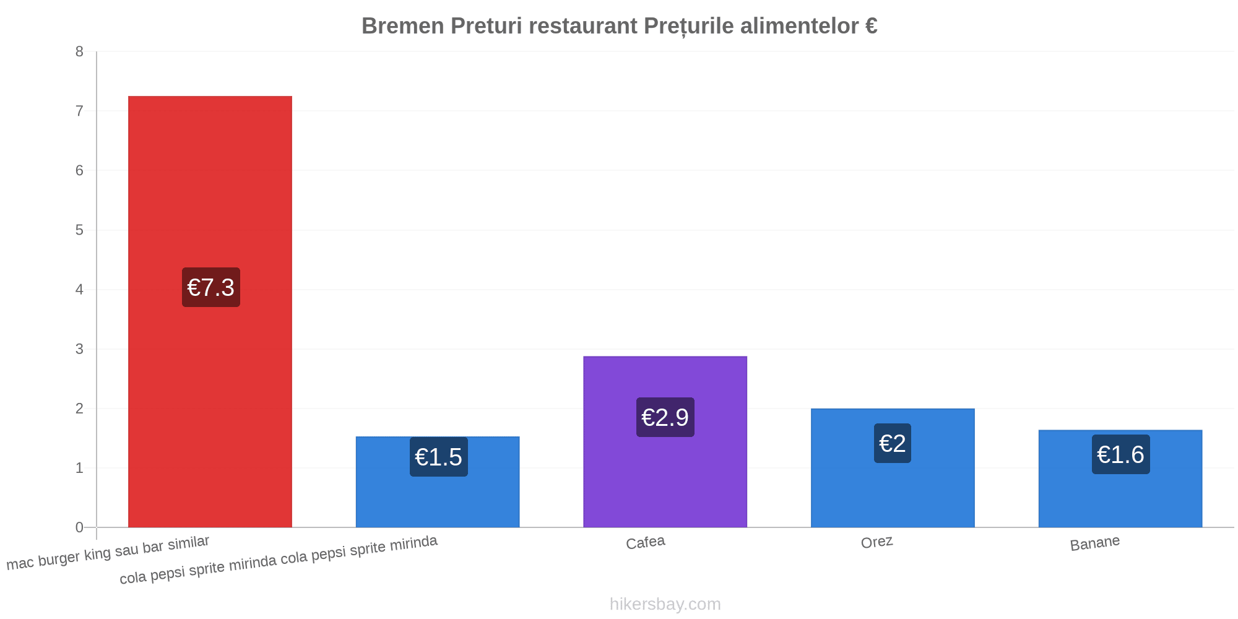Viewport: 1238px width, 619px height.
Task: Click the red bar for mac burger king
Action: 210,311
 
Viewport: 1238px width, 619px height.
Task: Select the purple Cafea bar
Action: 665,441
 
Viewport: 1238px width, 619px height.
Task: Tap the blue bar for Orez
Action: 893,468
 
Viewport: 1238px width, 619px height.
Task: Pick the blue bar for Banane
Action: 1120,478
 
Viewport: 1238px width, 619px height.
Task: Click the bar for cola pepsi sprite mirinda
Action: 438,482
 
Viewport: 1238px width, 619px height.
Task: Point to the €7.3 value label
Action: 211,287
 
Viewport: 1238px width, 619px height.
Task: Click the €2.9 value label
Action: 665,417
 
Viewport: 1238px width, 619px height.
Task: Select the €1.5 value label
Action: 439,457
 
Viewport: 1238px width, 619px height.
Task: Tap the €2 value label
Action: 893,443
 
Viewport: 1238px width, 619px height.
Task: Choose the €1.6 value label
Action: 1121,454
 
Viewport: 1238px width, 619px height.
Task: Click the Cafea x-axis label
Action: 646,543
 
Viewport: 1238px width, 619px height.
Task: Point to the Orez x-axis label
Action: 877,542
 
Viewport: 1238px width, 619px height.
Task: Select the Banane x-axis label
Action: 1095,543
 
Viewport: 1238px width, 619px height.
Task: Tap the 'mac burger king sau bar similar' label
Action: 108,552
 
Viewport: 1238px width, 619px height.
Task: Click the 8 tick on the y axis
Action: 79,52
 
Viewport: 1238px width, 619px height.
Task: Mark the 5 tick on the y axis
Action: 79,230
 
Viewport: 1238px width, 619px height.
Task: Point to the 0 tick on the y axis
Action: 79,527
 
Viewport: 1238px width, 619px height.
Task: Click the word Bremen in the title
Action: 403,26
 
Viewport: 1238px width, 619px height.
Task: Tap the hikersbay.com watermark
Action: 665,604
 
